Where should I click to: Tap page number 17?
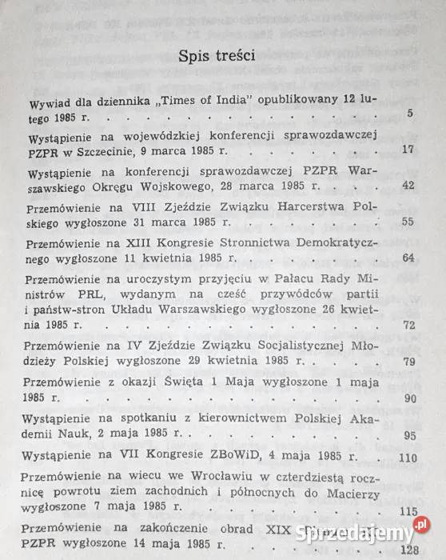tap(408, 150)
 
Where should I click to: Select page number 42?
tap(408, 186)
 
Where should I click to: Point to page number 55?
tap(408, 222)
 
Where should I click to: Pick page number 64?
tap(408, 258)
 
